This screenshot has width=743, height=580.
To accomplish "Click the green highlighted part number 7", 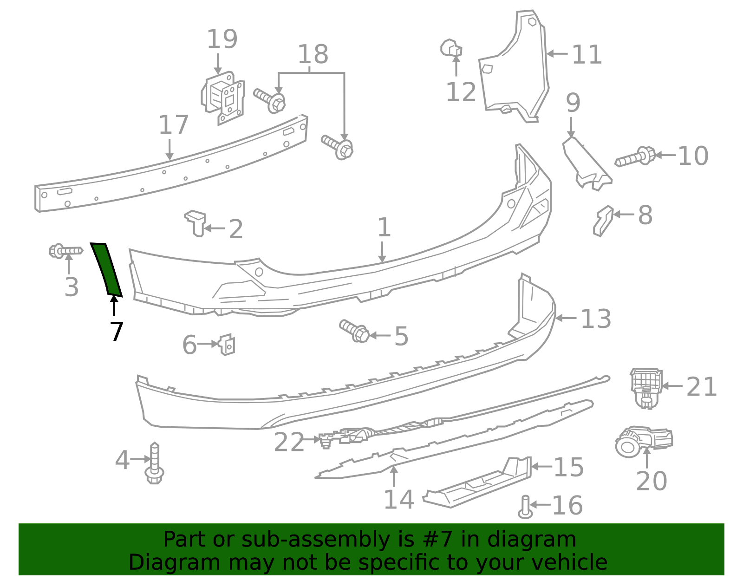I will click(x=106, y=269).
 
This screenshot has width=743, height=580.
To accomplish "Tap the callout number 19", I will click(x=222, y=39).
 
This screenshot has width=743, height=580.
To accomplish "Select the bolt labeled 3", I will click(x=65, y=251).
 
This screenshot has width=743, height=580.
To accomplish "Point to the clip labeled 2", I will click(x=196, y=222).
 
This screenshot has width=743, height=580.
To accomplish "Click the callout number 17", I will click(x=173, y=125).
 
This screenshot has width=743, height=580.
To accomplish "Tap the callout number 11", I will click(x=587, y=55).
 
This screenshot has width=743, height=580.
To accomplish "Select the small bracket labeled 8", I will click(x=603, y=221).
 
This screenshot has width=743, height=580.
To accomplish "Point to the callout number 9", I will click(x=573, y=103).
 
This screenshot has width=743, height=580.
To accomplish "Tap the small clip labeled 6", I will click(x=227, y=345).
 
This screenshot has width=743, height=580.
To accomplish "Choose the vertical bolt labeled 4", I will click(x=155, y=463).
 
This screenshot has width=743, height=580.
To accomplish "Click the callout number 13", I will click(x=596, y=319).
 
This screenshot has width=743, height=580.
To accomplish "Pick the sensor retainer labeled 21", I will click(x=646, y=388).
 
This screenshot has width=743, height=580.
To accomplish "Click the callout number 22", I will click(x=288, y=442).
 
